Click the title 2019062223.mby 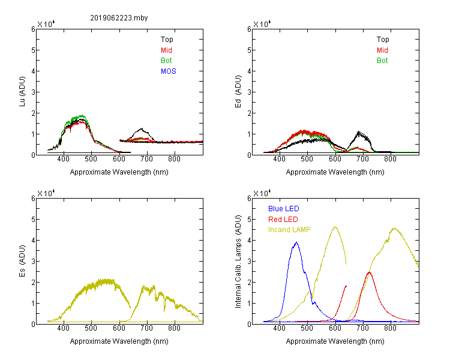[x=119, y=18]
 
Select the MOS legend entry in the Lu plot [x=169, y=71]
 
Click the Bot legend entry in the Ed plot [x=382, y=61]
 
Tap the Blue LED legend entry [x=284, y=209]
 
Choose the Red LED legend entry [x=283, y=220]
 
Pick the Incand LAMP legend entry [x=289, y=230]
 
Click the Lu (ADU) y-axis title [x=22, y=92]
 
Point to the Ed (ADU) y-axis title [x=238, y=92]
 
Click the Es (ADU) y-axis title [x=22, y=261]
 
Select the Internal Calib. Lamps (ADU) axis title [x=238, y=261]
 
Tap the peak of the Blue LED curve [x=296, y=242]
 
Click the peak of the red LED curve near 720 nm [x=369, y=272]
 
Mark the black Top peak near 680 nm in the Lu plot [x=142, y=128]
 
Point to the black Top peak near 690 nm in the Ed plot [x=358, y=132]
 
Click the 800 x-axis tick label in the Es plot [x=174, y=328]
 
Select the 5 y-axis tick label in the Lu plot [x=33, y=50]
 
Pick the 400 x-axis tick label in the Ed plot [x=279, y=159]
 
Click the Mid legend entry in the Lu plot [x=166, y=50]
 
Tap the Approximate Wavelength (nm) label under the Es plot [x=119, y=341]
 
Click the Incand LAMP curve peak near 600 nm [x=335, y=227]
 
